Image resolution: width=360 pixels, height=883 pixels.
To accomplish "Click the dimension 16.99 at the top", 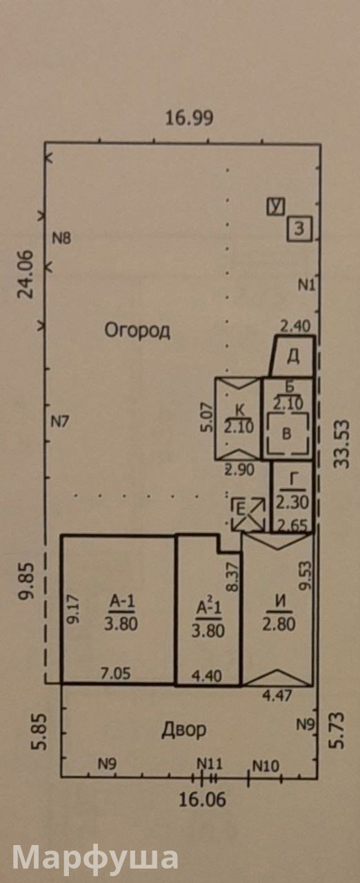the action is [189, 118].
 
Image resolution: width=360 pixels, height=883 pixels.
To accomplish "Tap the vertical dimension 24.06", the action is [26, 275].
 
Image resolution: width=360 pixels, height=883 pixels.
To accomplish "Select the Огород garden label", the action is [137, 330].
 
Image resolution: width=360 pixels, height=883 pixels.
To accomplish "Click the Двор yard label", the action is [184, 730].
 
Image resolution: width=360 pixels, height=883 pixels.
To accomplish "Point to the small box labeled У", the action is [276, 206].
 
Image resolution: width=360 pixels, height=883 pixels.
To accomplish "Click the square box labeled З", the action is [300, 228].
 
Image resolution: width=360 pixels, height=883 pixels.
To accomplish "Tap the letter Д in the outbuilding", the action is [293, 357].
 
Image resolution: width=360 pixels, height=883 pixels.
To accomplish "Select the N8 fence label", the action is [62, 238].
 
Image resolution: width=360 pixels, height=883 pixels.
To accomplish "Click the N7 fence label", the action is [60, 422].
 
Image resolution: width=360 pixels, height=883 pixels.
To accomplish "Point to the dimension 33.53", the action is [341, 444].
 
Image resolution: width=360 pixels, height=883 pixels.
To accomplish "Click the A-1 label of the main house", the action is [122, 602].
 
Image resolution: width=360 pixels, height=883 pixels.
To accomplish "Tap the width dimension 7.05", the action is [115, 673].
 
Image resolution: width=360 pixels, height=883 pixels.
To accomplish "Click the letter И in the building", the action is [280, 602].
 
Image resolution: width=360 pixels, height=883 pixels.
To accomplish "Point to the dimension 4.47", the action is [277, 695].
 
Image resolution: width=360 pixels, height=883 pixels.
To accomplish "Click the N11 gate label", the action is [210, 764].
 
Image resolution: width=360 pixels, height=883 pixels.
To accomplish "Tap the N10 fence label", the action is [266, 766].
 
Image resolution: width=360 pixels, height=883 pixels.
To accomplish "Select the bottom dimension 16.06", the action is [203, 800].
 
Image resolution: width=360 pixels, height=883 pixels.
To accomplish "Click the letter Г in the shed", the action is [293, 479].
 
